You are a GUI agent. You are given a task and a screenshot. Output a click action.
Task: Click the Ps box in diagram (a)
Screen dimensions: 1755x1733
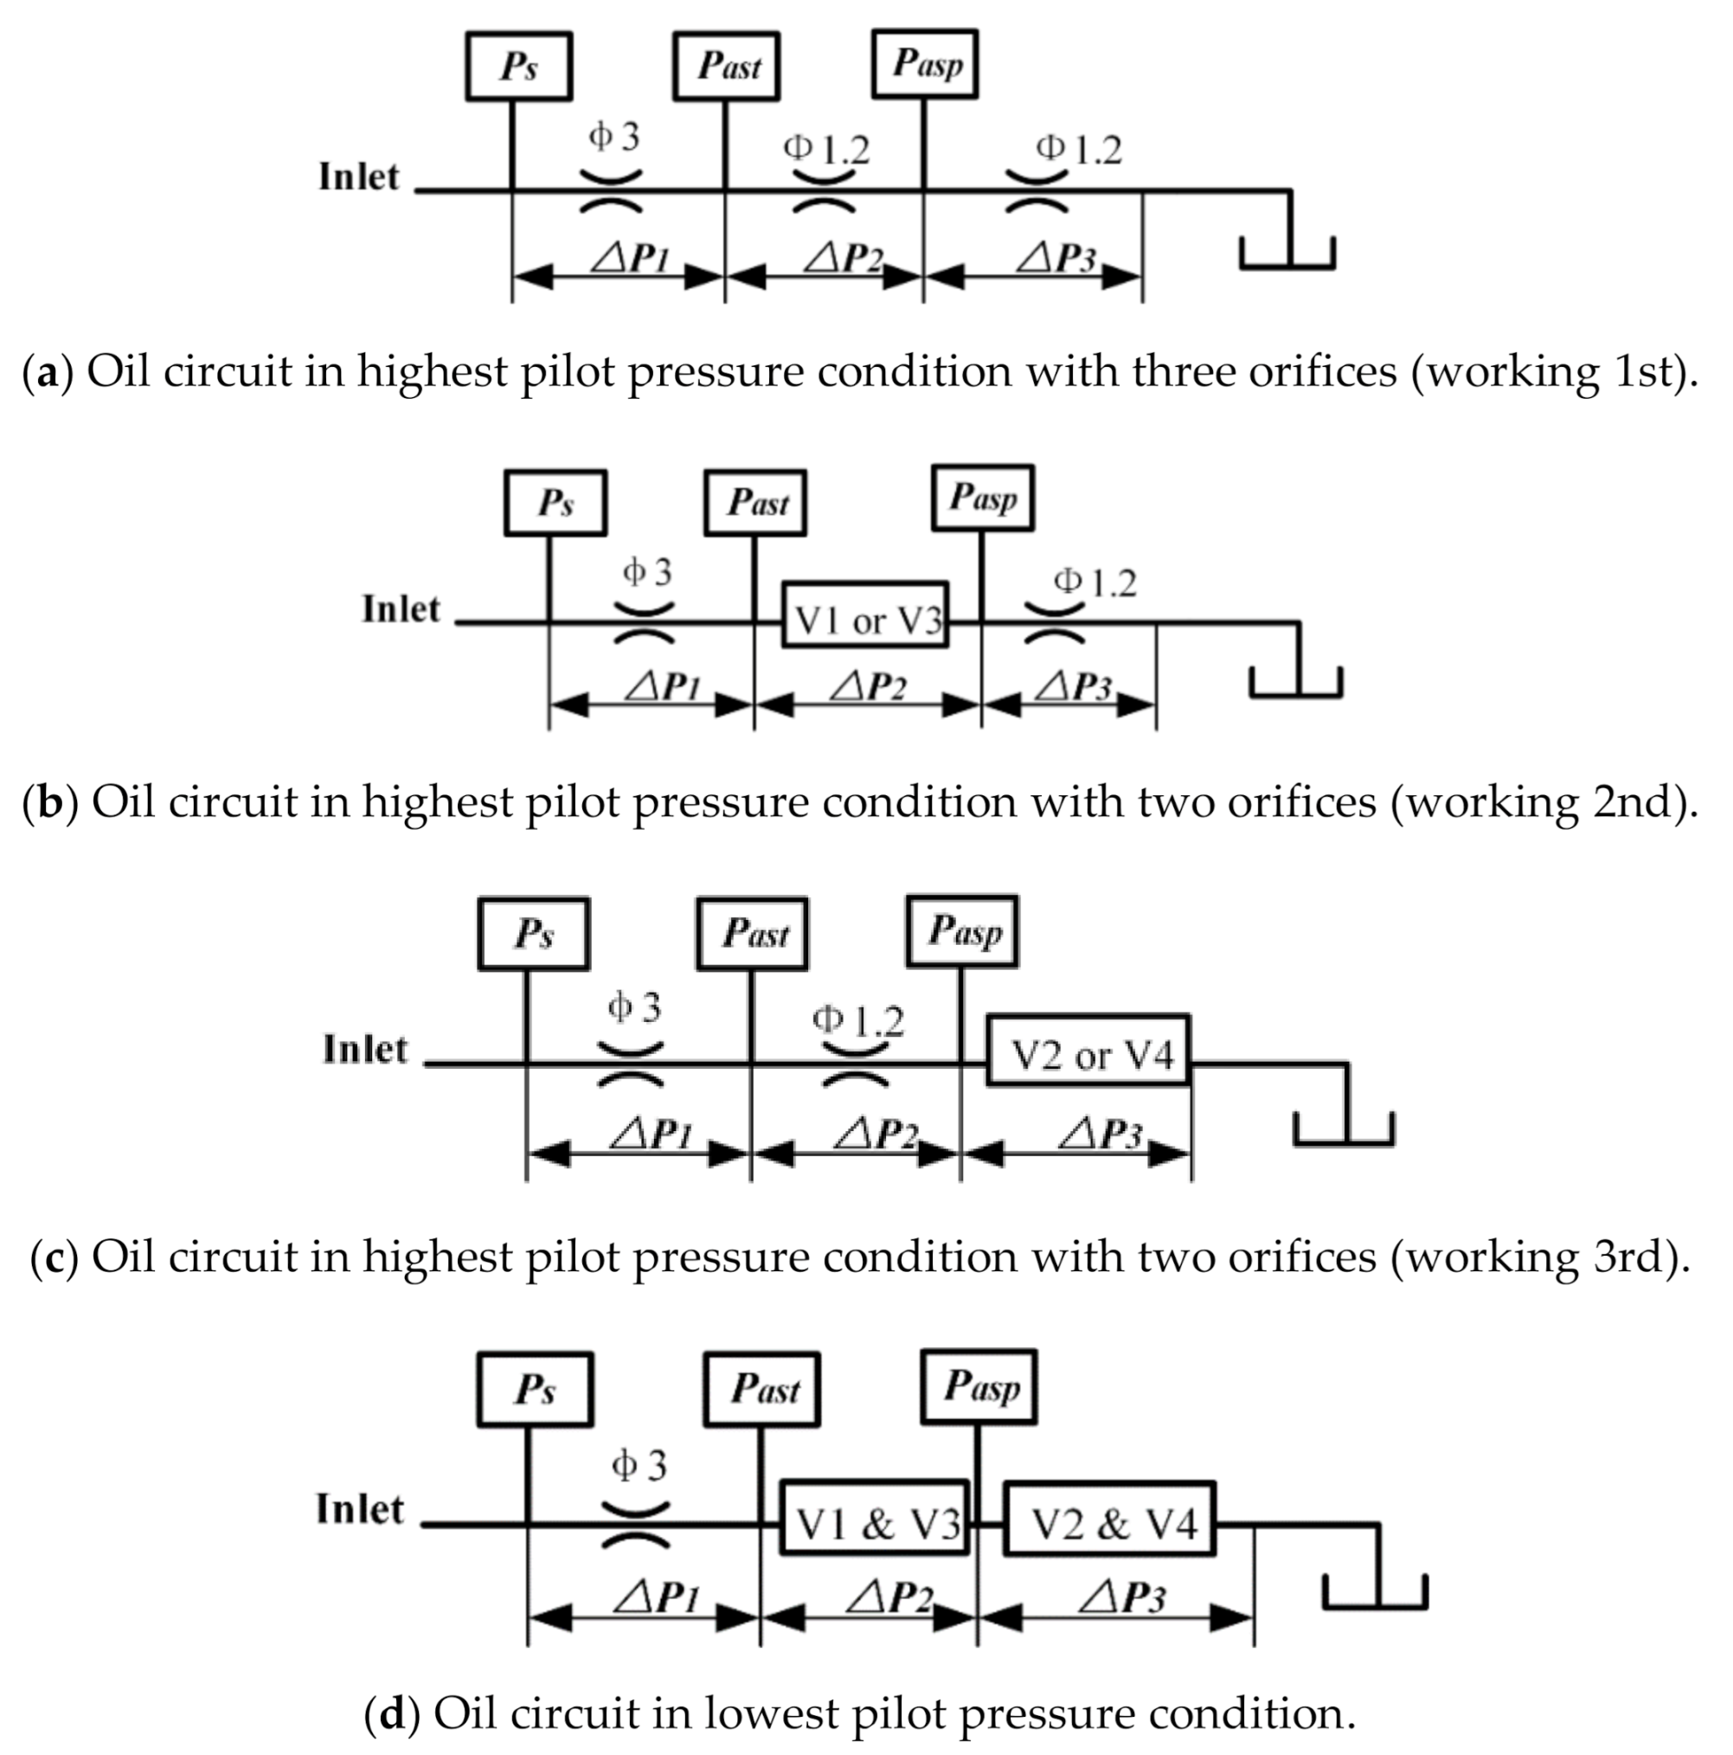[x=517, y=67]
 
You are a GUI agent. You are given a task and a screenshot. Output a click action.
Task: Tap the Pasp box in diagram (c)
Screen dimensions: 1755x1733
[x=962, y=932]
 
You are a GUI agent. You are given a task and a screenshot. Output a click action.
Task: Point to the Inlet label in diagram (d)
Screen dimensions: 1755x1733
[x=360, y=1509]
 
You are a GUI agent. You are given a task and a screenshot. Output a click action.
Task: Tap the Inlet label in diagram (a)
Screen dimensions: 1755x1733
[x=359, y=177]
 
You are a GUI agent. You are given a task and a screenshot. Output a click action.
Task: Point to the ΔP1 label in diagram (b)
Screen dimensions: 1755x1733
[x=663, y=688]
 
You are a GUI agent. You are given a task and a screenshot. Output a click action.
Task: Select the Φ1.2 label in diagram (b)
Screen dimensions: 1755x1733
[x=1094, y=582]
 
